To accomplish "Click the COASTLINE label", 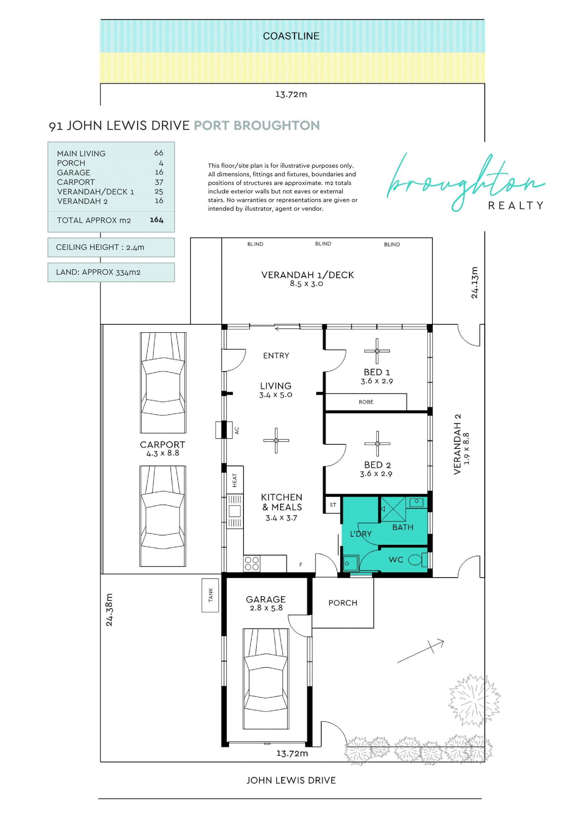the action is click(291, 36).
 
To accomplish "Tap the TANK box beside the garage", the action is click(210, 595).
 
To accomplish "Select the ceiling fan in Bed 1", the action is click(377, 351).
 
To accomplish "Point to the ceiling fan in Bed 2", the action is click(377, 444).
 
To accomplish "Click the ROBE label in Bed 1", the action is click(366, 402).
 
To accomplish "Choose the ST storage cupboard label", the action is click(333, 505).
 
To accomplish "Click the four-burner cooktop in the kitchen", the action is click(252, 564).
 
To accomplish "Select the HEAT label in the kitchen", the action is click(235, 480).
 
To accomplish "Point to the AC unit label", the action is click(236, 430).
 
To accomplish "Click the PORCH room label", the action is click(343, 603).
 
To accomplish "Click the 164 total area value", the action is click(157, 220).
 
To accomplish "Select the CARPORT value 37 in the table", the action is click(159, 182).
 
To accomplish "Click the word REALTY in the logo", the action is click(516, 206).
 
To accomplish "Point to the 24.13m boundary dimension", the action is click(474, 283).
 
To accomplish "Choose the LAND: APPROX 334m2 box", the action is click(111, 273).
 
